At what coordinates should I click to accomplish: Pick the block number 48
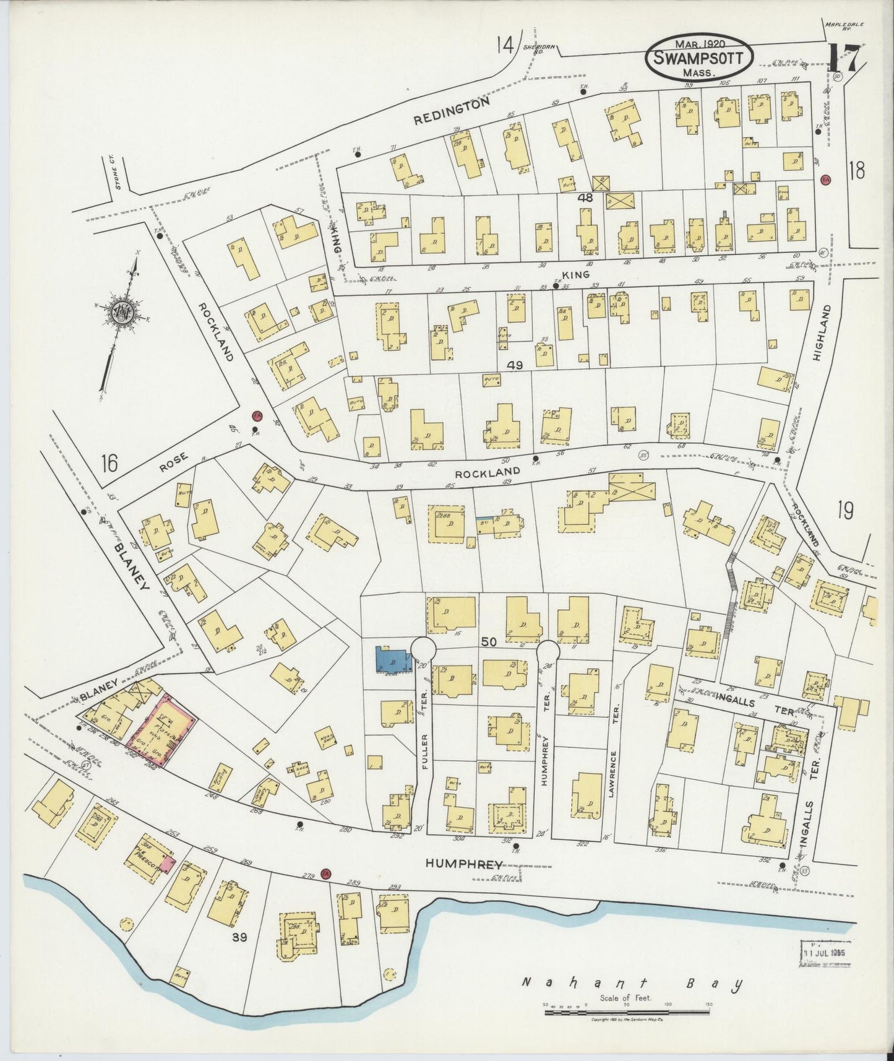tap(586, 198)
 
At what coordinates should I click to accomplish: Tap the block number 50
tap(488, 643)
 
